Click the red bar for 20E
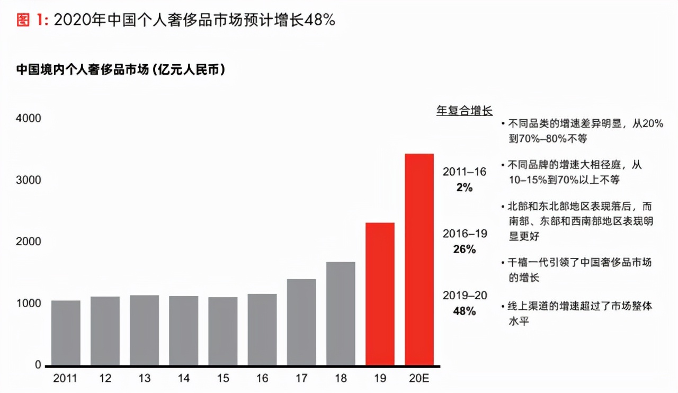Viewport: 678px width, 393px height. click(419, 260)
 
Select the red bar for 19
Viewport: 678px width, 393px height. click(380, 294)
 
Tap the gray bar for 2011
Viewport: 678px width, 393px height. click(66, 333)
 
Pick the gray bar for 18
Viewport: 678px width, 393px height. click(341, 314)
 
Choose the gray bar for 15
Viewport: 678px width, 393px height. click(222, 331)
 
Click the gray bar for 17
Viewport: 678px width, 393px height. click(301, 322)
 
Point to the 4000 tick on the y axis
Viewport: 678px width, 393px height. click(30, 118)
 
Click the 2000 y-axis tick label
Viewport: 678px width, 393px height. click(30, 242)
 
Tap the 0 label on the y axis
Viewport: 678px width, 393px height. click(38, 365)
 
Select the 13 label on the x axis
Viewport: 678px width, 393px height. click(144, 379)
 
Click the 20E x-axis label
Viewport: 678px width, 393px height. click(419, 379)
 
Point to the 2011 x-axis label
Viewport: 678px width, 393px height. click(65, 379)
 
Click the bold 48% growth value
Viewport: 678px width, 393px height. click(464, 311)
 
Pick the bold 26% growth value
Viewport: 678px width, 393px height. click(464, 249)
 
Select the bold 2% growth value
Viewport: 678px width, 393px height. click(464, 187)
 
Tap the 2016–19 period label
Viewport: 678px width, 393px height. click(465, 234)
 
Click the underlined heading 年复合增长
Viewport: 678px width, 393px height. click(464, 111)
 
